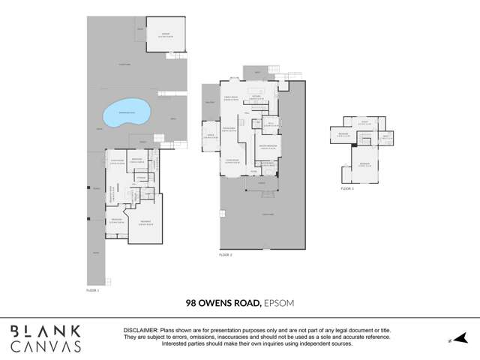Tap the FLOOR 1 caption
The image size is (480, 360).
pyautogui.click(x=92, y=288)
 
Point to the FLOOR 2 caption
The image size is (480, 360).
pyautogui.click(x=226, y=256)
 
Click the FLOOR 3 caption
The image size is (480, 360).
pyautogui.click(x=346, y=189)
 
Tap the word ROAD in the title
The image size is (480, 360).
pyautogui.click(x=248, y=304)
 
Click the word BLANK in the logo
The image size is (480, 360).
pyautogui.click(x=45, y=331)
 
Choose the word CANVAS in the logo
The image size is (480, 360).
pyautogui.click(x=45, y=346)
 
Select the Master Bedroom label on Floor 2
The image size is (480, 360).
pyautogui.click(x=268, y=146)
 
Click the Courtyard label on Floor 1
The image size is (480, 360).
pyautogui.click(x=122, y=65)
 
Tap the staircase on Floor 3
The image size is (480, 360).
pyautogui.click(x=367, y=138)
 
